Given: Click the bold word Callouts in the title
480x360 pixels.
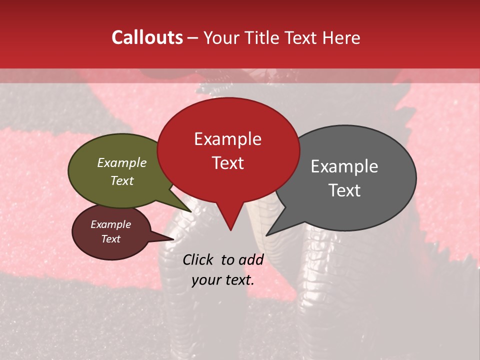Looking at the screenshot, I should tap(147, 37).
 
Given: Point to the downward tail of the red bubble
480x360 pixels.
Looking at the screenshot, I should tap(230, 220).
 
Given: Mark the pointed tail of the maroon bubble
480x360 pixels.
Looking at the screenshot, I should tap(162, 238).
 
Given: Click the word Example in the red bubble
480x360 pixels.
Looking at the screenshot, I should tap(227, 139).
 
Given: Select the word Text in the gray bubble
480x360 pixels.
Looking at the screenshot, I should tap(345, 190).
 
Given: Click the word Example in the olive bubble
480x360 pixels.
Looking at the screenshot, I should tap(122, 162).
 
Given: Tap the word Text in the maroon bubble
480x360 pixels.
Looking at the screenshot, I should tap(111, 239).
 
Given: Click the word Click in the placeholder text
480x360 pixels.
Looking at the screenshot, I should tap(198, 259).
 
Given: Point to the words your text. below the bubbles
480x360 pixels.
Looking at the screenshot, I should tap(223, 280).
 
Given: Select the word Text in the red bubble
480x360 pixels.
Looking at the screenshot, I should tap(227, 163).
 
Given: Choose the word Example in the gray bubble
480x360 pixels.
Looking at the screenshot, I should tap(344, 166).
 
